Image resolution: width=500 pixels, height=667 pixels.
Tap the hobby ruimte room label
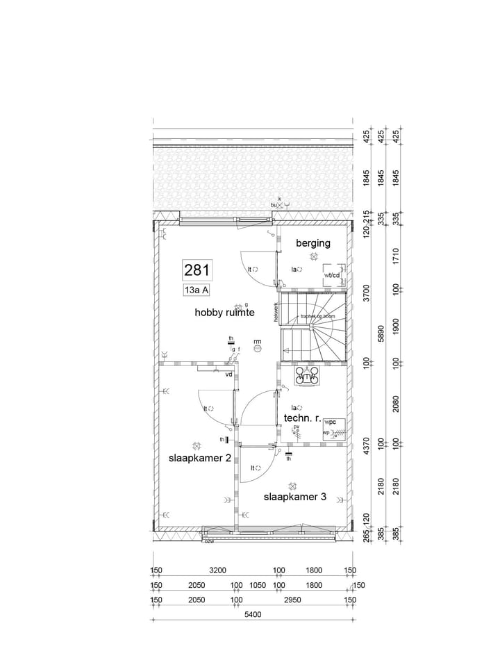tap(224, 313)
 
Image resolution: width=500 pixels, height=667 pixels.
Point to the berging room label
tap(313, 243)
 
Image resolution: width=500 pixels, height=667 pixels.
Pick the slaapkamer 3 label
tap(294, 497)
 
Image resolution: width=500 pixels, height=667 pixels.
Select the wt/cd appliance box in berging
tap(332, 276)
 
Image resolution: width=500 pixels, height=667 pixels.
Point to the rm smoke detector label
tap(258, 342)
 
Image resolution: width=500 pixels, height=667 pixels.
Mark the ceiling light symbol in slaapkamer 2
tap(196, 445)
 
